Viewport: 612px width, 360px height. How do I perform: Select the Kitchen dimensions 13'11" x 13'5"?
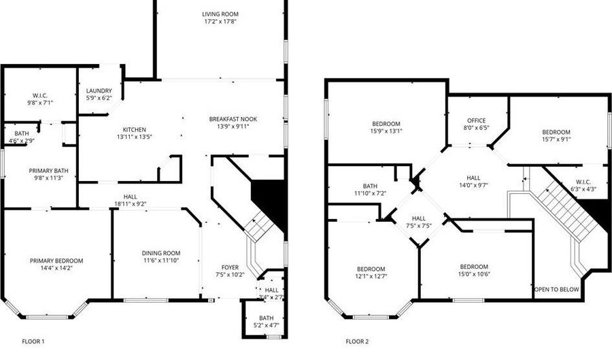134,137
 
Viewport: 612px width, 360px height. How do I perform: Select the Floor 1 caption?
33,342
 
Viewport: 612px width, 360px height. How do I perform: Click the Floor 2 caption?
357,342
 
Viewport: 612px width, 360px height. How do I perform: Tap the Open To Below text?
556,289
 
